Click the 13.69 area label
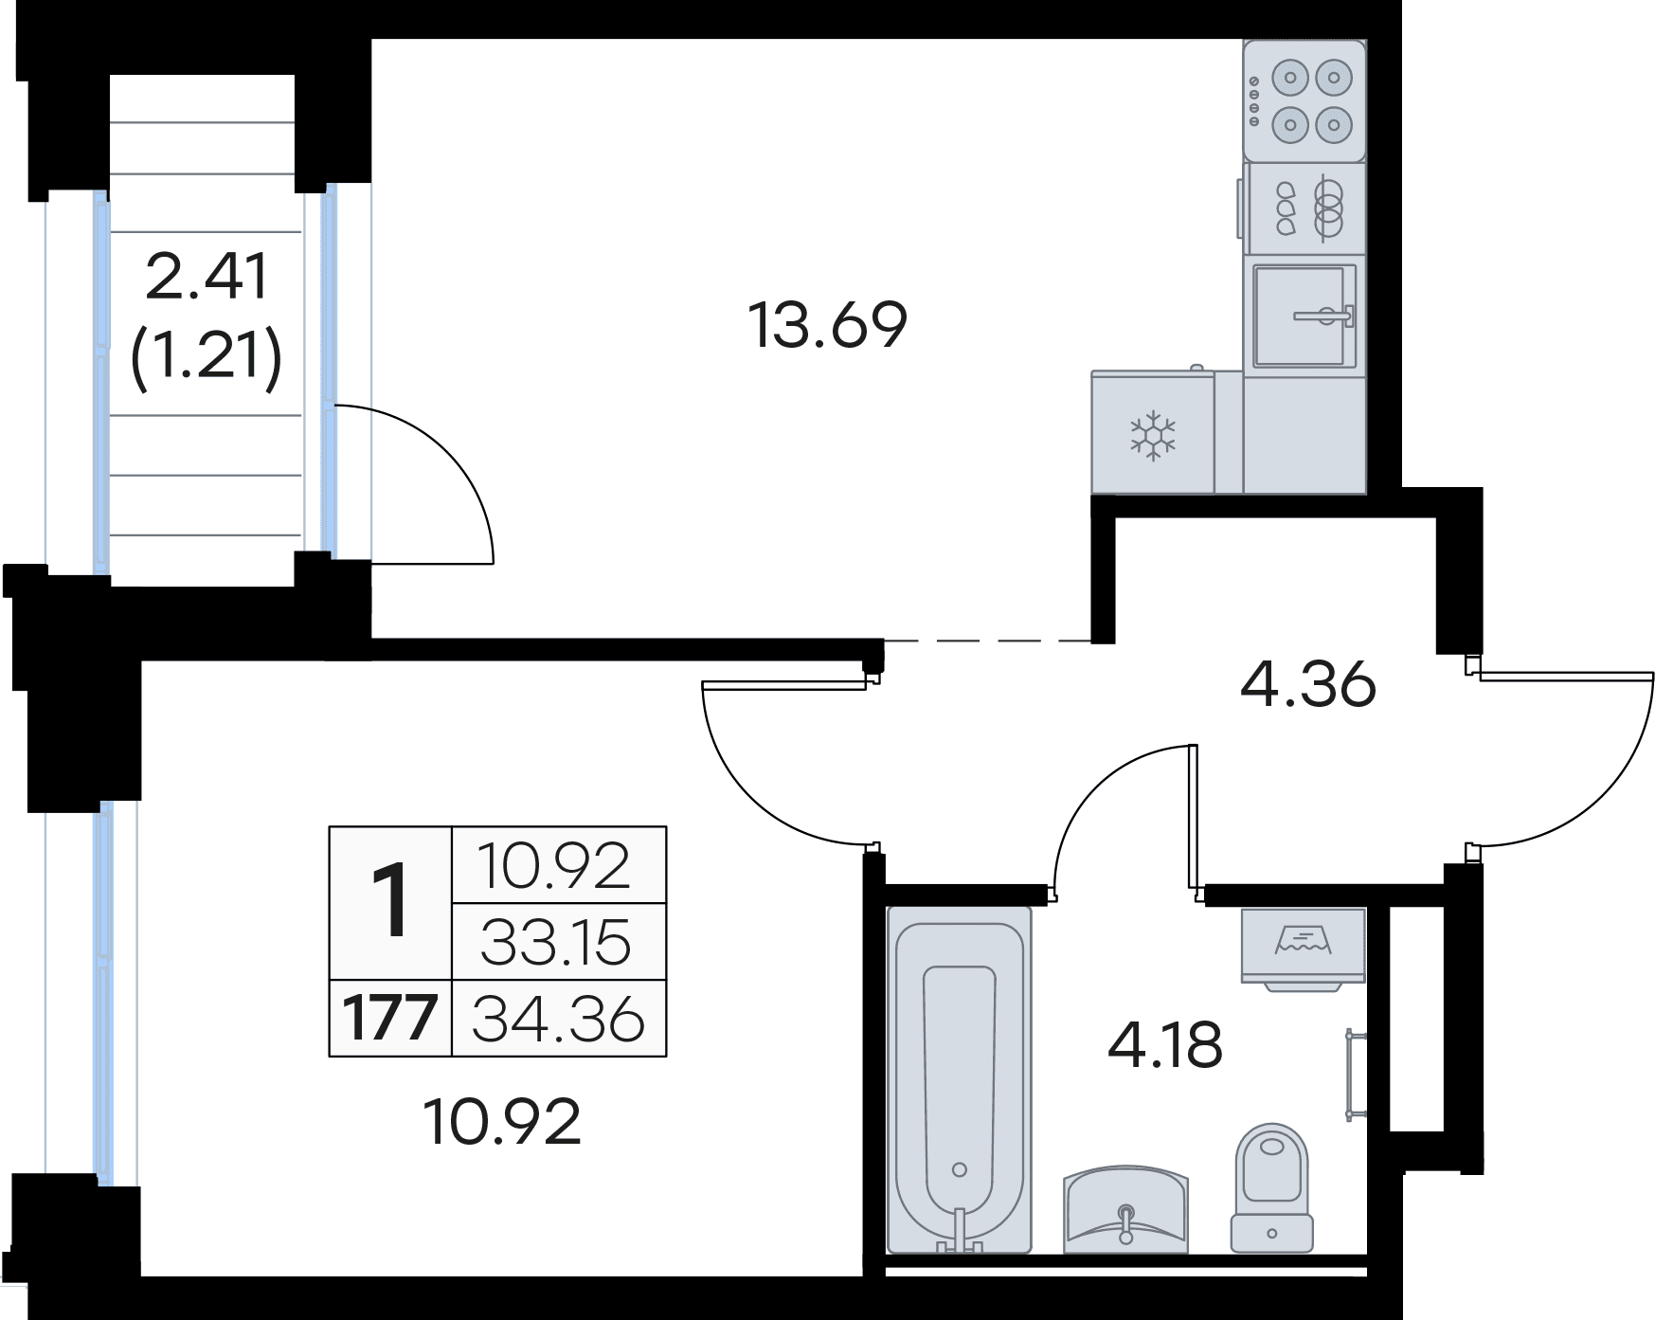click(827, 325)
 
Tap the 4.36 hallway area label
click(1307, 683)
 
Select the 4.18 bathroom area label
click(1165, 1045)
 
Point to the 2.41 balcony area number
click(207, 277)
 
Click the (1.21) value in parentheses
click(207, 357)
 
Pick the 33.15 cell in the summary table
click(556, 943)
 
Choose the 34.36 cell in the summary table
click(559, 1019)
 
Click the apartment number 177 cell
click(390, 1019)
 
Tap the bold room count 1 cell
click(390, 904)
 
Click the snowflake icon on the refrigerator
click(1153, 436)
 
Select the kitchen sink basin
click(1304, 316)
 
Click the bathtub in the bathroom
click(959, 1078)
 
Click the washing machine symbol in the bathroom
click(1304, 948)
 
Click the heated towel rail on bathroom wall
click(1356, 1075)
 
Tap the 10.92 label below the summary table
click(501, 1121)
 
